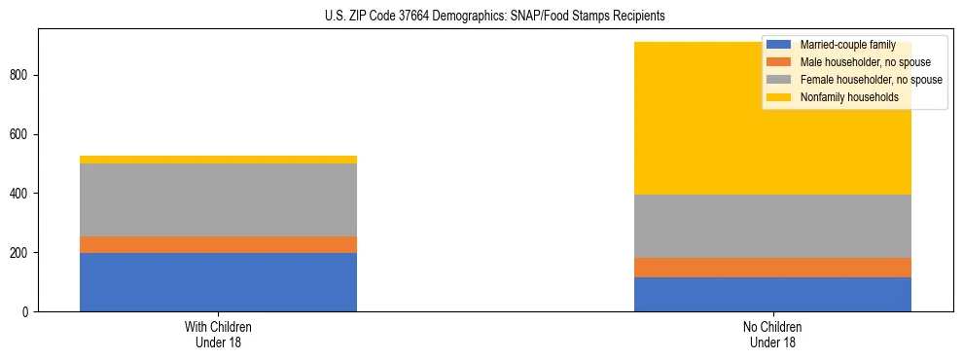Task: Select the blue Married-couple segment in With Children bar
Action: pos(218,282)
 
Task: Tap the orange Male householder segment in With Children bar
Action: pos(218,244)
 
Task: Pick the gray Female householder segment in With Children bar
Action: pos(218,199)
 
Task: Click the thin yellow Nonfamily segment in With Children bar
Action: pos(218,160)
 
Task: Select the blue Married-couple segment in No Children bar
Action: pos(772,294)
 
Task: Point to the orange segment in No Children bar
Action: pos(772,268)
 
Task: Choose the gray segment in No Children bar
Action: pos(772,226)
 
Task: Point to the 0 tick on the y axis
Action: pos(27,311)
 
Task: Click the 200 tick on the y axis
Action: pos(21,253)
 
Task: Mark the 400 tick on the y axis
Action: pos(21,194)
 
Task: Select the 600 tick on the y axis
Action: pos(21,134)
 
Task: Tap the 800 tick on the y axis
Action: pos(21,75)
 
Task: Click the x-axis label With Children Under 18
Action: pos(218,334)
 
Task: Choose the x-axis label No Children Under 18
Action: pos(772,334)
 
